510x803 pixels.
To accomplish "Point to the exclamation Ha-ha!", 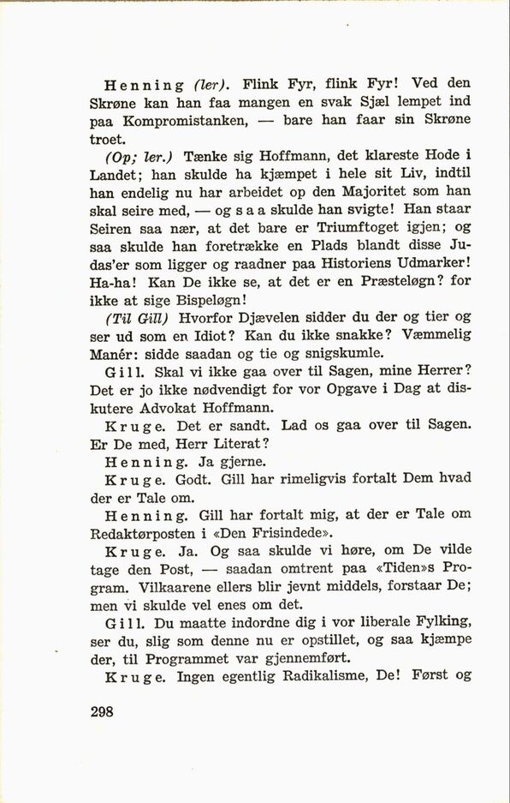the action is pos(110,282).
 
